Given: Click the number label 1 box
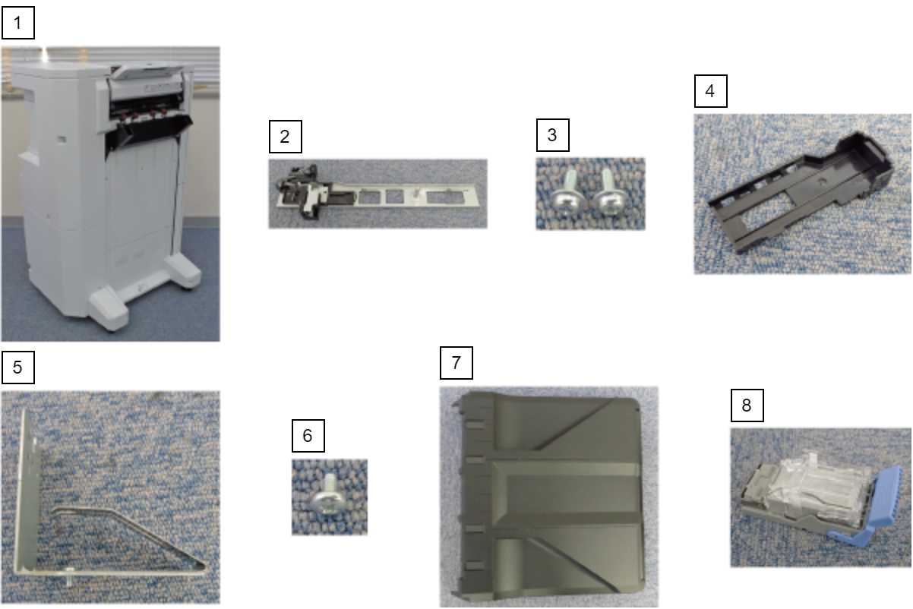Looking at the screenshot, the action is coord(18,23).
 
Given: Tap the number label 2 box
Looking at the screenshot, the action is coord(286,137).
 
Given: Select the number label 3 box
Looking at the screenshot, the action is coord(553,135).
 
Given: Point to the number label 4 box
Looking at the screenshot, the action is coord(711,91).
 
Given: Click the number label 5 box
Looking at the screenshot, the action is coord(18,368).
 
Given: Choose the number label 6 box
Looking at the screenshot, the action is coord(308,436).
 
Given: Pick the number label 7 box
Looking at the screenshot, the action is coord(456,363).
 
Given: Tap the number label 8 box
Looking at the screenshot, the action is coord(747,405).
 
